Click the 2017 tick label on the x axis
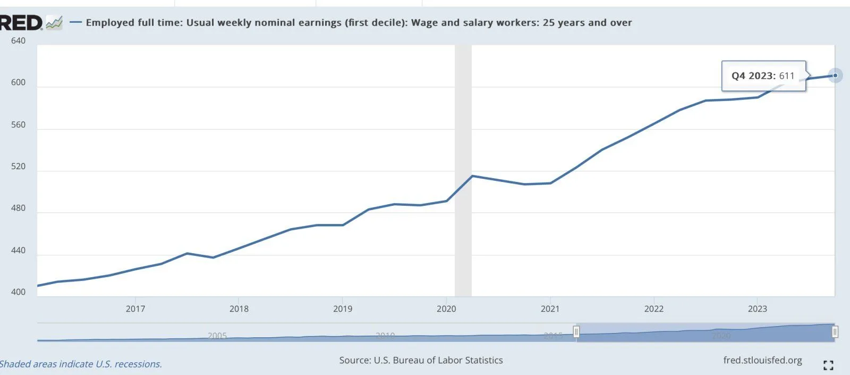coord(135,309)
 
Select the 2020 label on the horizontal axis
coord(446,309)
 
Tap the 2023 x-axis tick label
coord(757,309)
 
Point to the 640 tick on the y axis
coord(18,40)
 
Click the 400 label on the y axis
coord(18,292)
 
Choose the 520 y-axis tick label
coord(18,166)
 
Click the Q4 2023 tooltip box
coord(763,76)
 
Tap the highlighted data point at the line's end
coord(835,76)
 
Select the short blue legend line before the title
coord(75,22)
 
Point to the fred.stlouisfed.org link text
coord(762,360)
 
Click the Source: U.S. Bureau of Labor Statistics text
coord(421,360)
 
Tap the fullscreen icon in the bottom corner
coord(828,365)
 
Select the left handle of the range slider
coord(576,332)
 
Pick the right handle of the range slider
coord(835,332)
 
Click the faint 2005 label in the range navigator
coord(217,336)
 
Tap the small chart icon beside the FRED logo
coord(54,23)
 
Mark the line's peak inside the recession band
coord(472,176)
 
